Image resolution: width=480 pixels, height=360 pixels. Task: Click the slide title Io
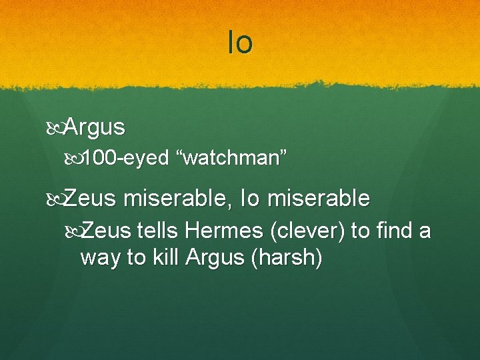coord(240,43)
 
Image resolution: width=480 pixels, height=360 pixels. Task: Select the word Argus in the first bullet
coord(95,126)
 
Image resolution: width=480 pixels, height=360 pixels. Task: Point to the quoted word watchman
coord(231,159)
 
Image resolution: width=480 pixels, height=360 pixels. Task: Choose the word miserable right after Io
coord(327,198)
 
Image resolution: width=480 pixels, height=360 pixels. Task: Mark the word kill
coord(165,257)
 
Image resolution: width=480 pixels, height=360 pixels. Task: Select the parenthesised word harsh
coord(286,257)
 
